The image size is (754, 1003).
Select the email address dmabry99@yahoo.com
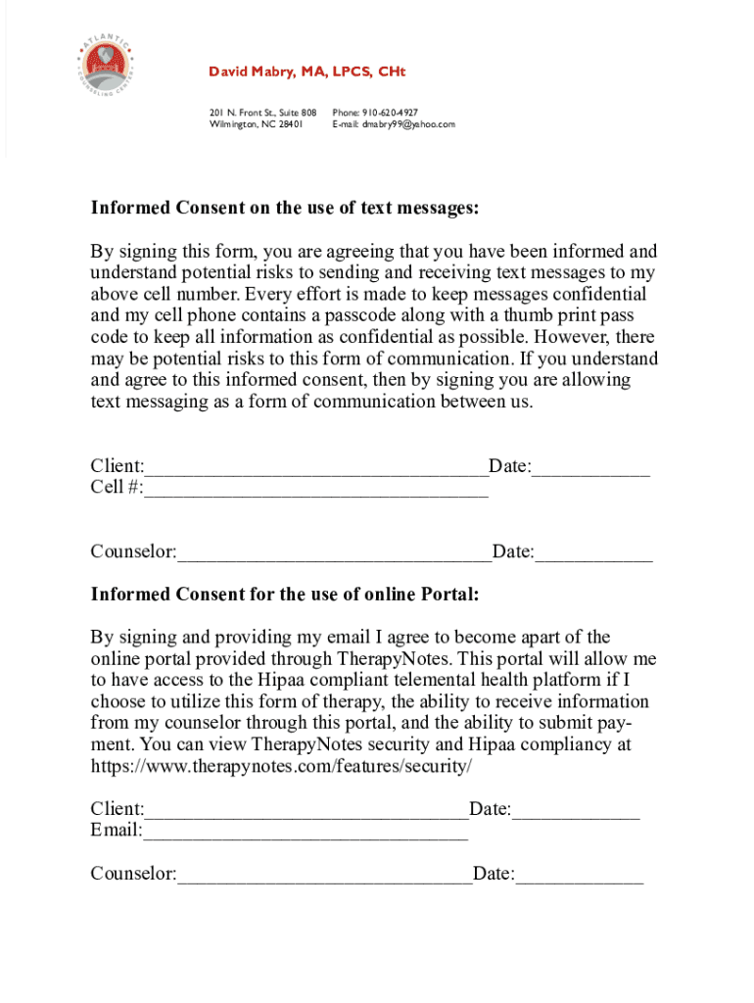(x=408, y=124)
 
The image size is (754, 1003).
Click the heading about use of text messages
(x=285, y=208)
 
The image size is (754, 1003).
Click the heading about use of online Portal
(x=284, y=594)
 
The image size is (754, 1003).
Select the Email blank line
(x=306, y=833)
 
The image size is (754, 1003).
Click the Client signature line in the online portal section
(x=306, y=811)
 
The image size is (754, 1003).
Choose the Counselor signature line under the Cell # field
(x=334, y=554)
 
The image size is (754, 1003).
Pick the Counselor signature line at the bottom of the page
(x=324, y=876)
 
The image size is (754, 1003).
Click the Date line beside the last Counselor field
(x=580, y=876)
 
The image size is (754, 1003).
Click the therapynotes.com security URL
(x=281, y=766)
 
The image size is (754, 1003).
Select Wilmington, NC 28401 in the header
(x=256, y=124)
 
